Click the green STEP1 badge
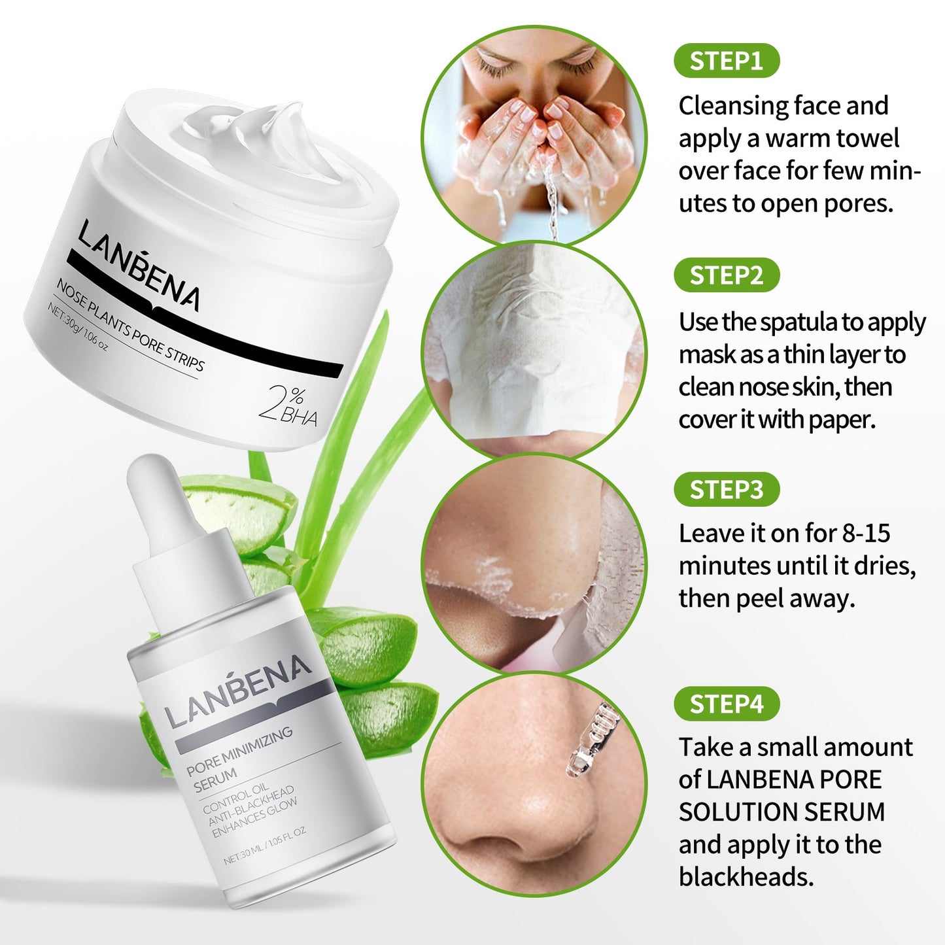(726, 61)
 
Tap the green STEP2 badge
(726, 275)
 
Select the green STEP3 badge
(726, 489)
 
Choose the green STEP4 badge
(726, 704)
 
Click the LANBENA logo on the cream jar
(139, 265)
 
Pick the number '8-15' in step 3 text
(866, 533)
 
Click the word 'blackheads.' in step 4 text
(746, 877)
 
